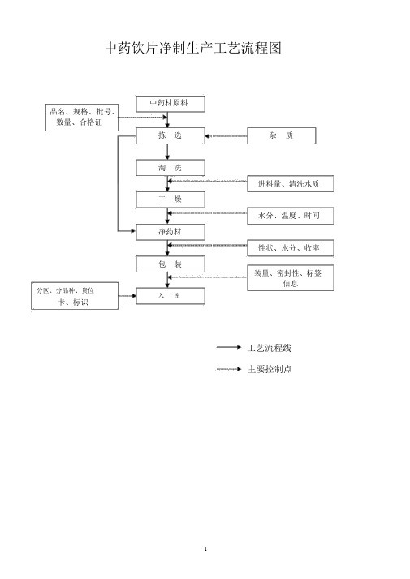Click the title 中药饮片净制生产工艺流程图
tap(193, 48)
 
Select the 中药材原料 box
tap(170, 104)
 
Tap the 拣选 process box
tap(170, 136)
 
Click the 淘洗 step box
tap(170, 168)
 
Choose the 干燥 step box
tap(170, 199)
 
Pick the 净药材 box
tap(170, 232)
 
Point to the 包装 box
tap(170, 264)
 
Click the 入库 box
tap(170, 296)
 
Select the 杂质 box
tap(282, 136)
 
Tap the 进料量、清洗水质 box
tap(291, 184)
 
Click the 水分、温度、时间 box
tap(291, 216)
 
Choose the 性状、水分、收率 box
tap(291, 248)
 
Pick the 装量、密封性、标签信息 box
tap(291, 277)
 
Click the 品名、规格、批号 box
tap(82, 118)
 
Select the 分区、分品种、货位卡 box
tap(75, 296)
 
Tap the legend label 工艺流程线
tap(270, 348)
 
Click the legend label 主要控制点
tap(270, 369)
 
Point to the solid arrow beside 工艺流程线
tap(229, 347)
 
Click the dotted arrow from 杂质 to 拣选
tap(227, 136)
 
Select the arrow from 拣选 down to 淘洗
tap(167, 152)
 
